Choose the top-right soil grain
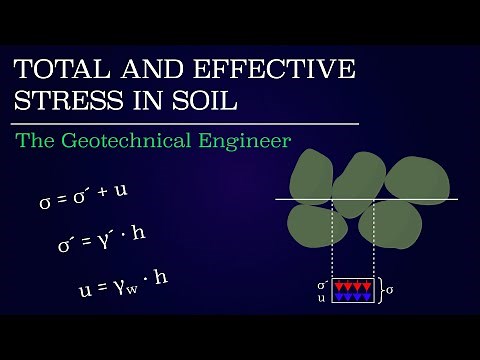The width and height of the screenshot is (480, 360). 424,177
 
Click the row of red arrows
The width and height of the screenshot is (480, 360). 352,286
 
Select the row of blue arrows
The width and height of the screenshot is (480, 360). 352,297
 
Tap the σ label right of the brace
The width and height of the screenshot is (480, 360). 390,291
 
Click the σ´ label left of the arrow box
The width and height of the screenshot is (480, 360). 322,285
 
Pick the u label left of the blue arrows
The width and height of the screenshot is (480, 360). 322,298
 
